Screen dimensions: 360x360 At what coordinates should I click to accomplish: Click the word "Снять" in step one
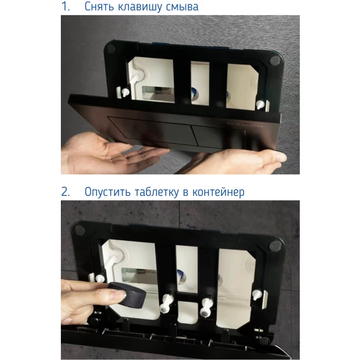(100, 7)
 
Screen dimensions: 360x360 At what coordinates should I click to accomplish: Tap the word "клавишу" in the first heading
(140, 7)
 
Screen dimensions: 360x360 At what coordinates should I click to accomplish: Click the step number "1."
(66, 7)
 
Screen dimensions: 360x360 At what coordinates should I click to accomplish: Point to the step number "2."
(66, 191)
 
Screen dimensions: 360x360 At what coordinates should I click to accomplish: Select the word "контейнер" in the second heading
(218, 192)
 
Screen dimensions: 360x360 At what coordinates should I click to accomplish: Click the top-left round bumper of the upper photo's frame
(111, 49)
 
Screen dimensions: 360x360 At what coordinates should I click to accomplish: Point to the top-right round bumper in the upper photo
(274, 61)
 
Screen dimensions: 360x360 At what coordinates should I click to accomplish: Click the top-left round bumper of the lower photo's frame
(79, 229)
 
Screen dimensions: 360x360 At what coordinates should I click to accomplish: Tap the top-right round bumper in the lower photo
(275, 246)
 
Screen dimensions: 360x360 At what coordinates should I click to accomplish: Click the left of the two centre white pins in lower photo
(166, 304)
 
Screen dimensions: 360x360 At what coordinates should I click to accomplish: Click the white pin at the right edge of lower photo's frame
(257, 295)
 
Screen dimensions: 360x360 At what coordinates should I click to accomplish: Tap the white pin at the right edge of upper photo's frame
(260, 105)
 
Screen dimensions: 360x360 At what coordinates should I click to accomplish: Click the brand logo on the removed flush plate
(245, 125)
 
